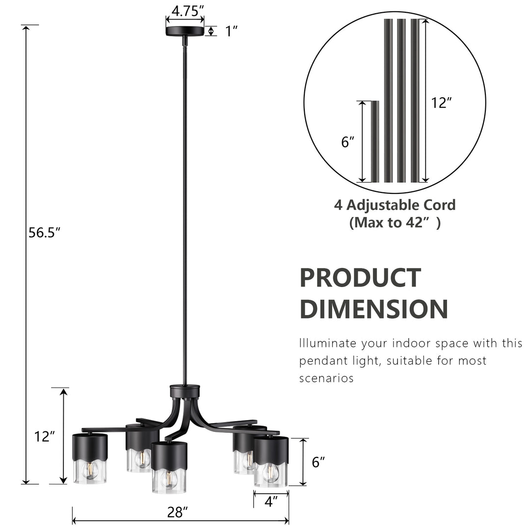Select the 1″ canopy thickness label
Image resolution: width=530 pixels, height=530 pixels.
coord(231,31)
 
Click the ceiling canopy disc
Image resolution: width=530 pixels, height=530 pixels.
coord(185,31)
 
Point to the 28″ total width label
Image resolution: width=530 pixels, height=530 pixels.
coord(178,513)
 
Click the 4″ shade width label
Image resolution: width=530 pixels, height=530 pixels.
coord(271,501)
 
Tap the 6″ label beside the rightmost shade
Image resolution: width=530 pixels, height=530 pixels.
coord(318,462)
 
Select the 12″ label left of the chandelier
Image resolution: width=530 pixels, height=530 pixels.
coord(45,436)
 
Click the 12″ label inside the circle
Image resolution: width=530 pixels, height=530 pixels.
coord(441,103)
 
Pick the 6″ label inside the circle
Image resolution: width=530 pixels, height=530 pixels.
coord(347,142)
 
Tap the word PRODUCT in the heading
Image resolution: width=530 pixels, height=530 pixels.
coord(360,278)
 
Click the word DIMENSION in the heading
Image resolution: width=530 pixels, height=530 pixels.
coord(373,309)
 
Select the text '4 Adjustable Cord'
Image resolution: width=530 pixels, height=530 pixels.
coord(395,205)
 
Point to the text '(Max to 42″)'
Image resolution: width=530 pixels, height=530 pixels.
coord(395,223)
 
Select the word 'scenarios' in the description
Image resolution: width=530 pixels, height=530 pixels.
coord(326,378)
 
